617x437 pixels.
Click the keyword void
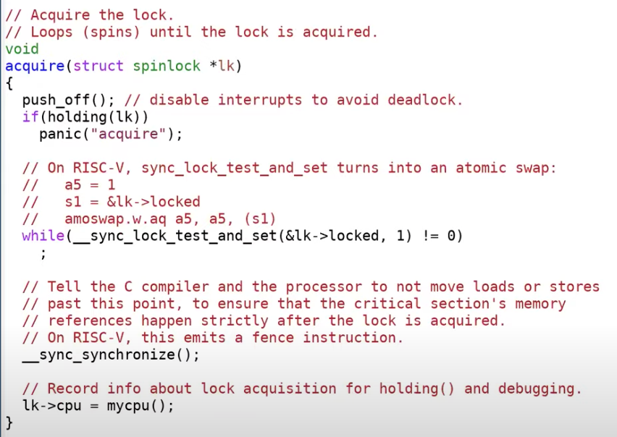22,49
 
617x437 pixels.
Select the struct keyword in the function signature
98,66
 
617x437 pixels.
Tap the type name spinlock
166,66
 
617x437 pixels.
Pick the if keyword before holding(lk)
30,117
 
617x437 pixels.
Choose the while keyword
43,236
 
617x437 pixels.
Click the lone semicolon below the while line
43,253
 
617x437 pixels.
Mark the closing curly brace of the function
9,422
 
